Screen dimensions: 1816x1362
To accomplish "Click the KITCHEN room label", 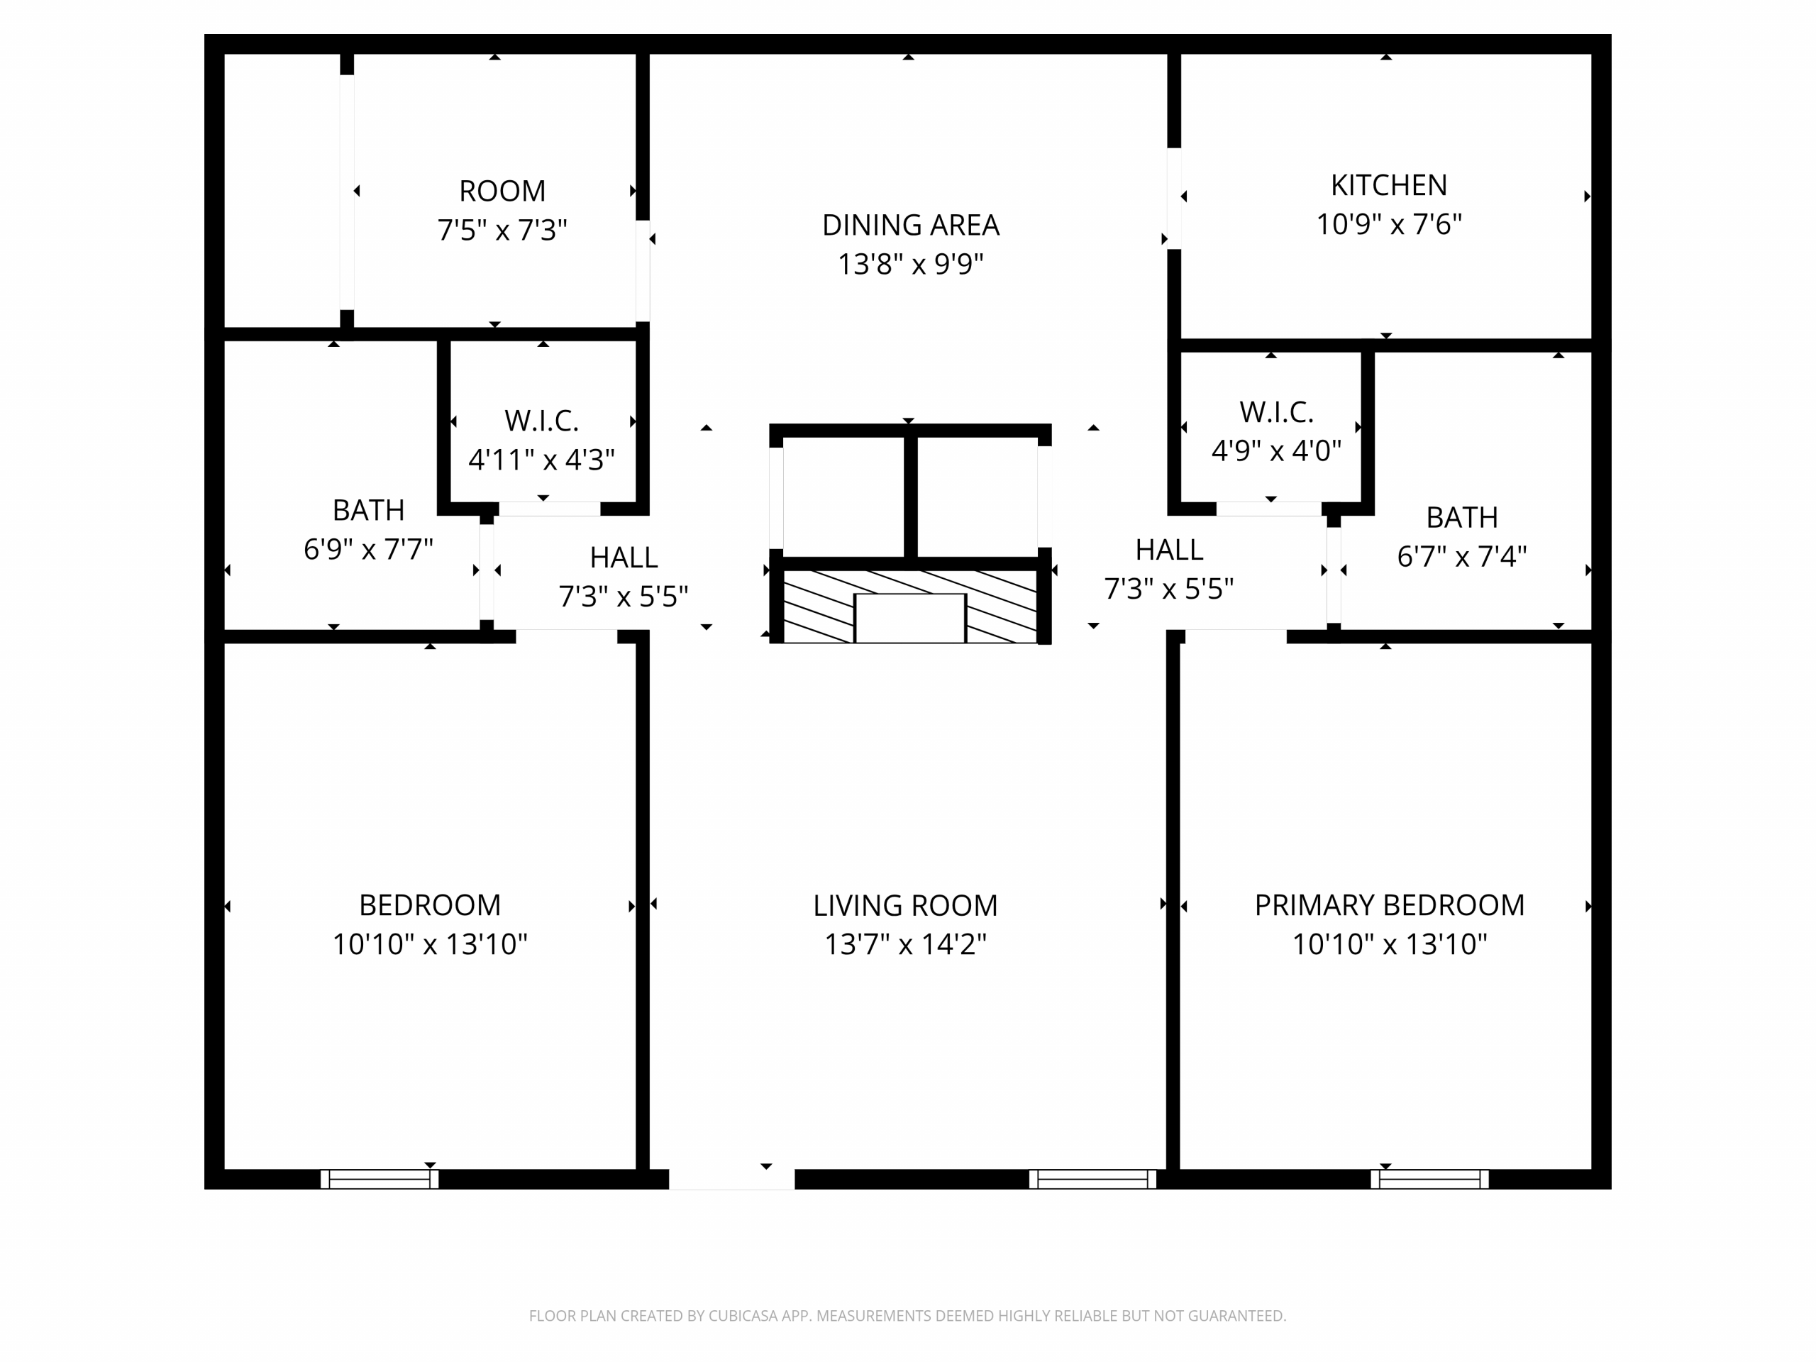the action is [1388, 186].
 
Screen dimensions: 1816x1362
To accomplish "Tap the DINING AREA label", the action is [910, 225].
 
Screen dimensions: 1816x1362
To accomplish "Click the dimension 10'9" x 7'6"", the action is [1389, 224].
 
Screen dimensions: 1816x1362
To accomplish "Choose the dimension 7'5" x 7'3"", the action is [502, 230].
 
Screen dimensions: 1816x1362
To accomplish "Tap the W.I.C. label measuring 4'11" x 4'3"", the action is [542, 421].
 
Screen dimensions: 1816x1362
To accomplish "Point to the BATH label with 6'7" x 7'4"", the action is [1462, 517].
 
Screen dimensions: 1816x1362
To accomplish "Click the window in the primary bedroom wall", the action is [1429, 1179].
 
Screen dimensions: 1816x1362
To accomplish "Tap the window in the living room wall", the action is [1092, 1179].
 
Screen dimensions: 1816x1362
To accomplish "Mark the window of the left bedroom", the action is [380, 1179].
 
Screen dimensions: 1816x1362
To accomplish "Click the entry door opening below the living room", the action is [731, 1179].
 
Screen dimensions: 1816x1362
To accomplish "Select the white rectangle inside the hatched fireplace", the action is [910, 618].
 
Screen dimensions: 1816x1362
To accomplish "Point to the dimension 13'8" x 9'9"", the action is [910, 265].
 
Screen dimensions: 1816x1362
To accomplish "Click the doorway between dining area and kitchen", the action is [1175, 198].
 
